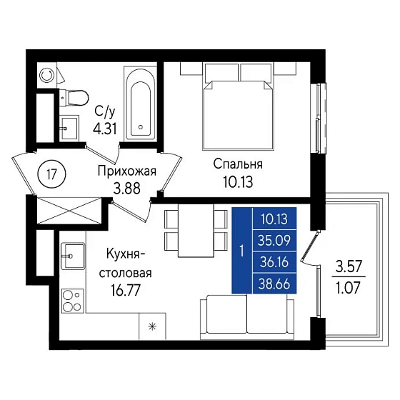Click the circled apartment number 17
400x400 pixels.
[51, 174]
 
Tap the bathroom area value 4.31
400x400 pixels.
[104, 129]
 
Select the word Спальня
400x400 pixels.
[238, 164]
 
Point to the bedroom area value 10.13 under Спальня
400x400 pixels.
[238, 182]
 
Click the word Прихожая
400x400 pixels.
[127, 171]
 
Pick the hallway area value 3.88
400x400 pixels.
[127, 189]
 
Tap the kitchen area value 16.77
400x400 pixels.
[126, 290]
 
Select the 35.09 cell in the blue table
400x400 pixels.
[274, 241]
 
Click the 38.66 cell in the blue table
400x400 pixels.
[274, 284]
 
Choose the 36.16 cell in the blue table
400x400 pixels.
[274, 262]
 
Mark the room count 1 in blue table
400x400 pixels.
[242, 251]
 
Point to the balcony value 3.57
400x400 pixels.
[349, 267]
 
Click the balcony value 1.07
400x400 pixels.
[349, 288]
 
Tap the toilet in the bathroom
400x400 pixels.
[74, 98]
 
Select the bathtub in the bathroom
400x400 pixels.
[140, 104]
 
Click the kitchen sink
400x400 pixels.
[73, 256]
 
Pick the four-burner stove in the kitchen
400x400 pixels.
[73, 301]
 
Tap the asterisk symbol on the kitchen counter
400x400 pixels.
[152, 326]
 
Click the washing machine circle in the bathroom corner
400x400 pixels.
[46, 75]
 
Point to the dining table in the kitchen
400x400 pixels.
[196, 230]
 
